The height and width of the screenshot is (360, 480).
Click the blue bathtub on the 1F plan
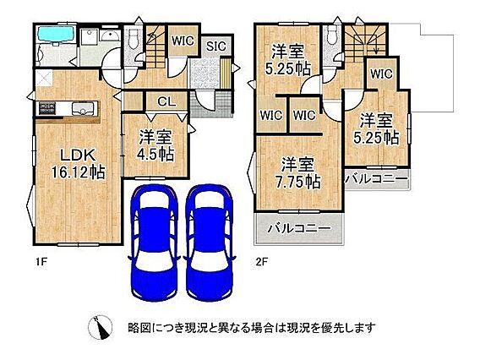pos(56,33)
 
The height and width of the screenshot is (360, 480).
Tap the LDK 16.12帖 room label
pos(78,164)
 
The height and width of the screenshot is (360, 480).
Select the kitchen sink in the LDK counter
pos(83,109)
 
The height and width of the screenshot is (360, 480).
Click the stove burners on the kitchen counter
pos(47,109)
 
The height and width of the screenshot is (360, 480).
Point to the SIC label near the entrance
pos(216,46)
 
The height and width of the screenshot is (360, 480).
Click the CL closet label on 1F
pos(166,101)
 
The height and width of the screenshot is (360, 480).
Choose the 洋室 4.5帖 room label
pos(155,145)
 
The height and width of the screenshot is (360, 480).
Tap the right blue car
pos(210,243)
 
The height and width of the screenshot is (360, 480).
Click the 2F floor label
pos(262,262)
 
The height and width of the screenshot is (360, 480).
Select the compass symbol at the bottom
pos(100,327)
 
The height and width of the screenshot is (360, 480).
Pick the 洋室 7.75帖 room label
pos(297,173)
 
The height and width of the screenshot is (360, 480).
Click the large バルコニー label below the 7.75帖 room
pos(299,228)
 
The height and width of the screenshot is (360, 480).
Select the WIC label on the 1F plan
pos(183,41)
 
